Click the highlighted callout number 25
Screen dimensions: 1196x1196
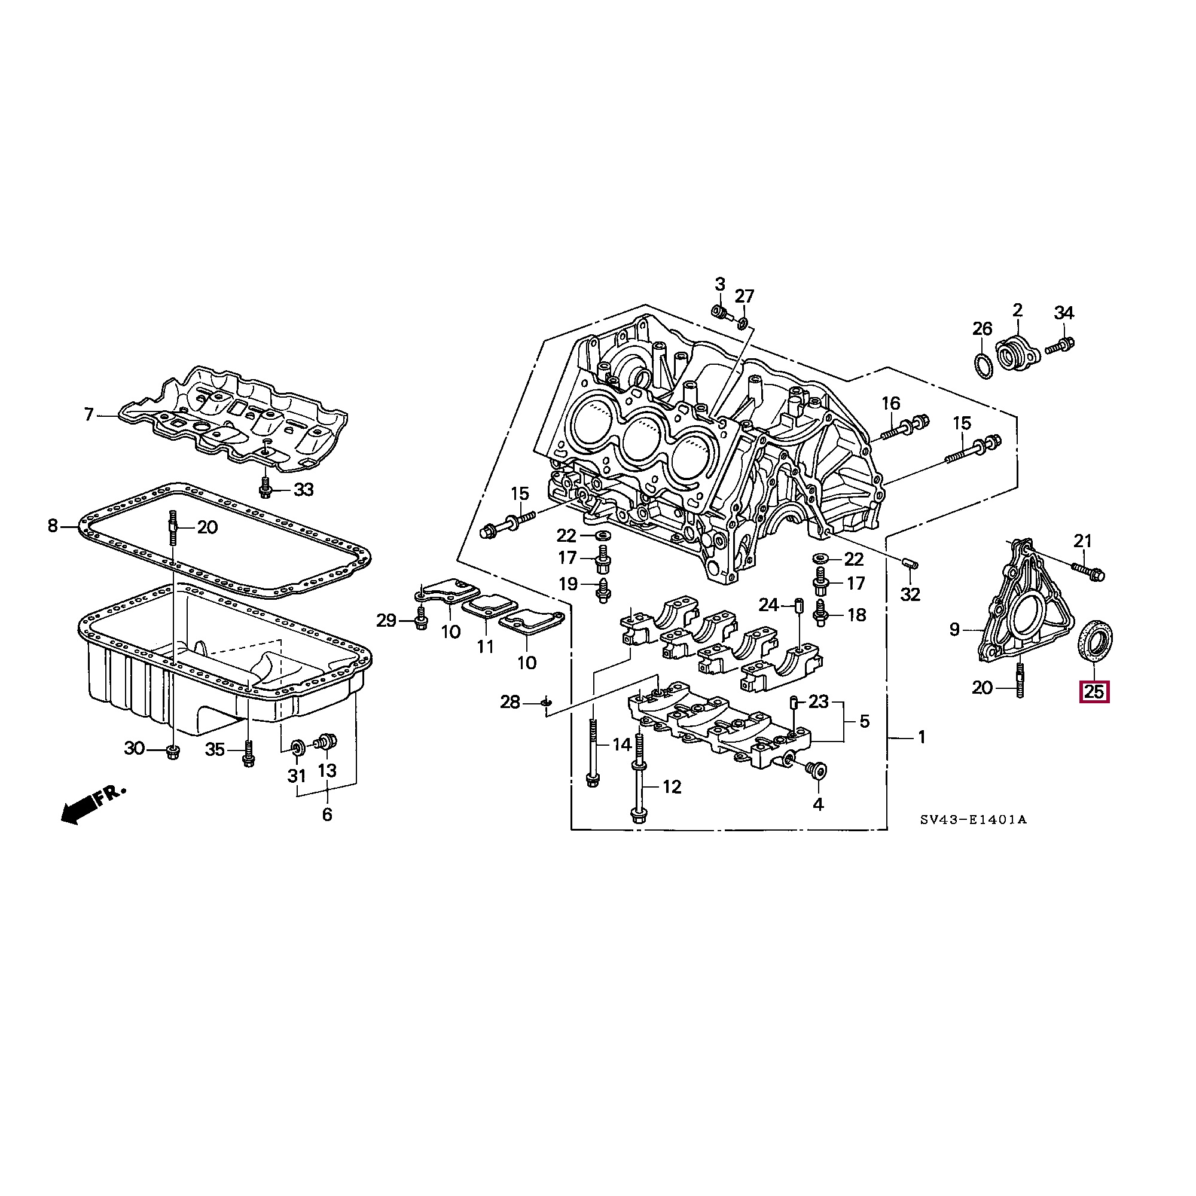[x=1094, y=691]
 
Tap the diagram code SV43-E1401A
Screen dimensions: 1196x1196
[x=972, y=820]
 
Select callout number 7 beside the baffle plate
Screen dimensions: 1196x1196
[x=89, y=414]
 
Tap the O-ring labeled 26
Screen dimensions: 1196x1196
[x=983, y=366]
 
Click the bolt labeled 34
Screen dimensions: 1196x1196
[x=1059, y=346]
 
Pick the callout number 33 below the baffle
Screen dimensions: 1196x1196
[x=304, y=490]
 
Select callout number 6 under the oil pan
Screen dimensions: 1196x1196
[x=327, y=814]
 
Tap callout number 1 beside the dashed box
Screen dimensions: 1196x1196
[x=921, y=737]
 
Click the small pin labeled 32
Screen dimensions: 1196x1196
[x=911, y=563]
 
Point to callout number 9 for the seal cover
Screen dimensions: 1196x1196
[x=954, y=630]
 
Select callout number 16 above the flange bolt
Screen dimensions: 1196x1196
[x=890, y=404]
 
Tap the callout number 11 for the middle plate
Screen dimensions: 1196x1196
[x=486, y=647]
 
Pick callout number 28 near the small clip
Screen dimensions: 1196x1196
[x=510, y=702]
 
